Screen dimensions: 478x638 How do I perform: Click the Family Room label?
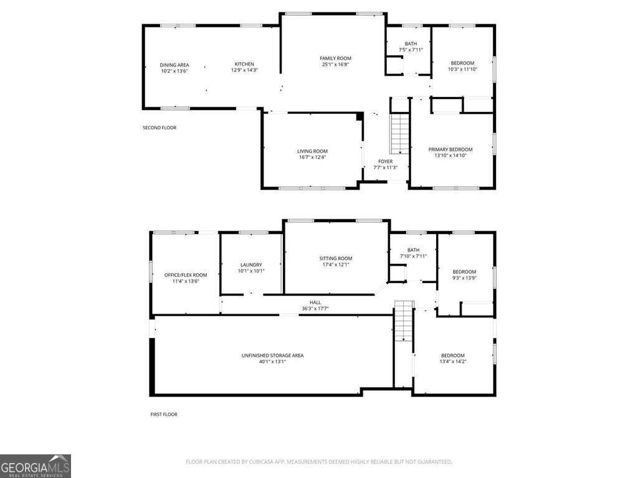pyautogui.click(x=336, y=58)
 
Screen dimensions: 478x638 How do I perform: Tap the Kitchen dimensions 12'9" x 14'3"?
pyautogui.click(x=244, y=70)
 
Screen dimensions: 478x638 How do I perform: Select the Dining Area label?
pyautogui.click(x=174, y=65)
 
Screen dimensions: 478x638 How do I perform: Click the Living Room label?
pyautogui.click(x=312, y=151)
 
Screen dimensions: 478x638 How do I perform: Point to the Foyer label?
pyautogui.click(x=385, y=161)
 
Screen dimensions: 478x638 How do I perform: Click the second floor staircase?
pyautogui.click(x=399, y=134)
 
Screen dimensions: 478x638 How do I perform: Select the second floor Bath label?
pyautogui.click(x=411, y=44)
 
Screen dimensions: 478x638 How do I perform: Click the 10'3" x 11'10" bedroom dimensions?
pyautogui.click(x=462, y=69)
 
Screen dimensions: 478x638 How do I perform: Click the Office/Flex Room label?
pyautogui.click(x=186, y=274)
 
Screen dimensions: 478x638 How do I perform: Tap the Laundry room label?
pyautogui.click(x=251, y=265)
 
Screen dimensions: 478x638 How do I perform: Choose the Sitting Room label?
pyautogui.click(x=336, y=258)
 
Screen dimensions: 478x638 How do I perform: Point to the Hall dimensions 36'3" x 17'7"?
pyautogui.click(x=315, y=308)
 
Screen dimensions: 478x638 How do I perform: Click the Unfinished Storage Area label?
pyautogui.click(x=272, y=355)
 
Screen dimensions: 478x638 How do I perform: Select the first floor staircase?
pyautogui.click(x=404, y=321)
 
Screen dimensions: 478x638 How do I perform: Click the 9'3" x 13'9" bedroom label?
pyautogui.click(x=464, y=271)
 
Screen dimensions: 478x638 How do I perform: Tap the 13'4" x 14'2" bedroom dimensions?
pyautogui.click(x=453, y=361)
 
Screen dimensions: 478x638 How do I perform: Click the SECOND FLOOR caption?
pyautogui.click(x=159, y=128)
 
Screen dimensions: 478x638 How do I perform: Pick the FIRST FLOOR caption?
pyautogui.click(x=164, y=414)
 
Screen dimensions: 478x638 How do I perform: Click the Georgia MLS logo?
pyautogui.click(x=36, y=466)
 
